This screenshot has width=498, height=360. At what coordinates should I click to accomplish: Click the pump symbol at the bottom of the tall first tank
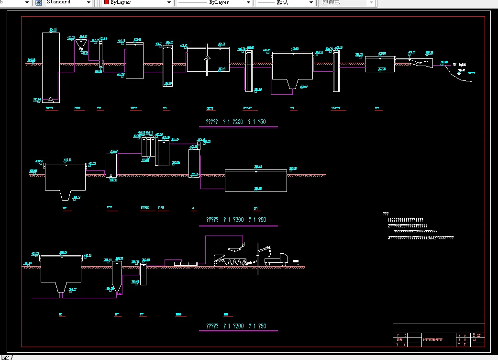click(x=50, y=100)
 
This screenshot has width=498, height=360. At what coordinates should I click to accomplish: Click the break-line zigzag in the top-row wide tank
click(x=206, y=59)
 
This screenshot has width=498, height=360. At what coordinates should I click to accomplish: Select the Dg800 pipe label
click(x=463, y=65)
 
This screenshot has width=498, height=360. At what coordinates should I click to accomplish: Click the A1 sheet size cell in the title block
click(x=475, y=339)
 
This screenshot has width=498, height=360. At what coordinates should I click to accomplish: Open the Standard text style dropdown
click(x=69, y=3)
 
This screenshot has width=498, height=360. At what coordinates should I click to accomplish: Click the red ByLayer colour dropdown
click(x=137, y=3)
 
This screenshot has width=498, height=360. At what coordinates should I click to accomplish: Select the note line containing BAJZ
click(x=421, y=238)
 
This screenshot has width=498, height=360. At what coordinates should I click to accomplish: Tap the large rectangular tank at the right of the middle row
click(x=256, y=181)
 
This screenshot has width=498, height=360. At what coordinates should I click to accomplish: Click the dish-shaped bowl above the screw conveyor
click(x=235, y=248)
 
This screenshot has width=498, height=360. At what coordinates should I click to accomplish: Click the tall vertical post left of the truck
click(x=258, y=259)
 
